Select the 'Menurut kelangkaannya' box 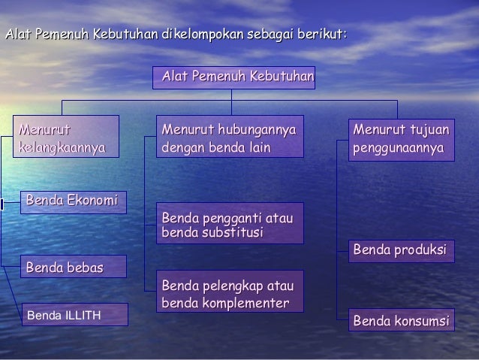(65, 136)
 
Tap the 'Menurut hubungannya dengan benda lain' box (230, 136)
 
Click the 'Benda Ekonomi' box (73, 201)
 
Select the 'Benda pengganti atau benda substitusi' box (230, 223)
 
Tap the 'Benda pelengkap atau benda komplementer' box (230, 292)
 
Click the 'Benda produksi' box (400, 250)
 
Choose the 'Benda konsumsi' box (400, 321)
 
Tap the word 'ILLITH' (83, 314)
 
